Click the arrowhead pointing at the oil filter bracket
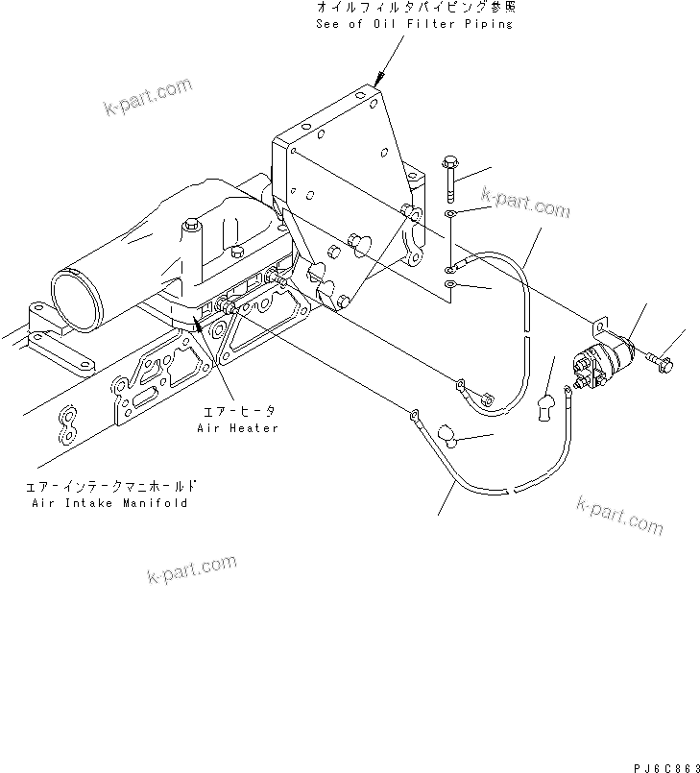point(379,80)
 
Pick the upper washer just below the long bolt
point(451,213)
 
